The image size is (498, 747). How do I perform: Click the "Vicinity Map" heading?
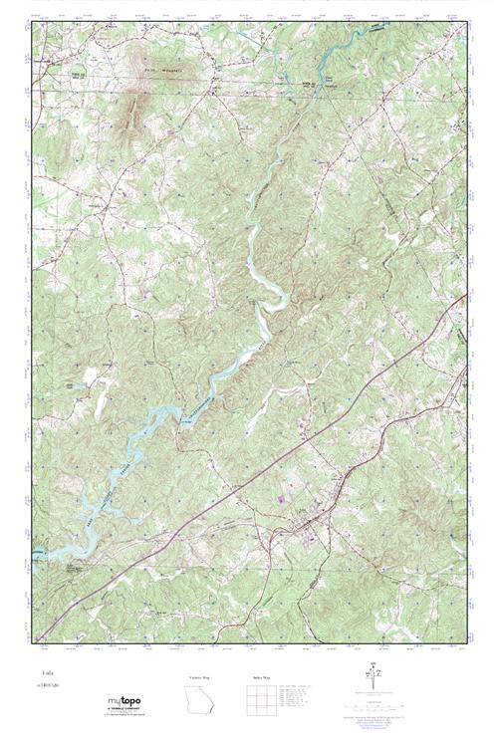pos(199,676)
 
